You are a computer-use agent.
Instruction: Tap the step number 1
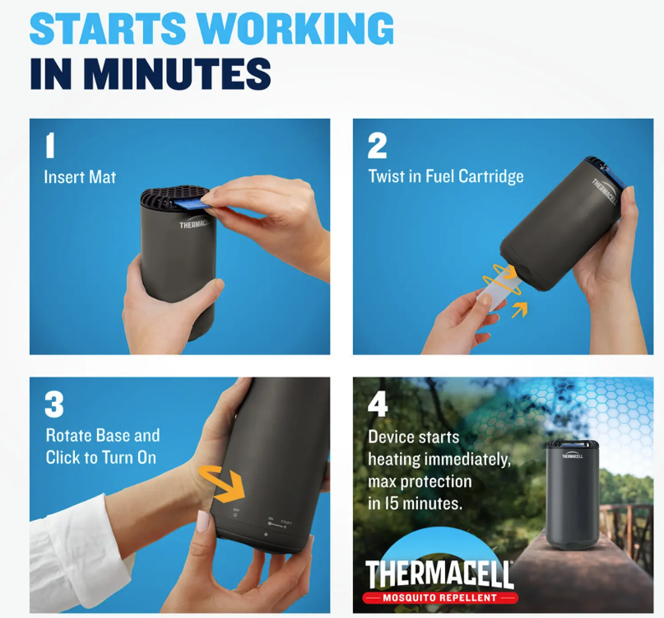[50, 145]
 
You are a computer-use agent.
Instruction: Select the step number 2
[377, 146]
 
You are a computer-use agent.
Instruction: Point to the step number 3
[53, 405]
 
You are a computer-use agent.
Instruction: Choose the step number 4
[378, 404]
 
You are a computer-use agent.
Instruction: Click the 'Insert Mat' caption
[80, 177]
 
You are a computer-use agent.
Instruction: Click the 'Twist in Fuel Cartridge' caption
[445, 176]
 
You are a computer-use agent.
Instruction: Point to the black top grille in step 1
[165, 198]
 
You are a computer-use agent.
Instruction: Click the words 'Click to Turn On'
[100, 457]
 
